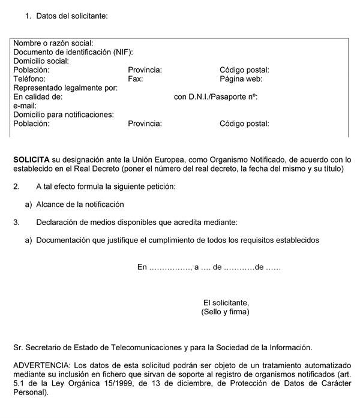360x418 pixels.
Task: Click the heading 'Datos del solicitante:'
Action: [72, 16]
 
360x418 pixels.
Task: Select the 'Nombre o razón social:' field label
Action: [53, 43]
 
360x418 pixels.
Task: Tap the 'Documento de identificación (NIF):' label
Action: [73, 52]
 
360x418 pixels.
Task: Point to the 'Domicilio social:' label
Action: [41, 61]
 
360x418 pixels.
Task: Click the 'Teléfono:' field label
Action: [29, 79]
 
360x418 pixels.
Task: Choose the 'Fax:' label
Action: [136, 79]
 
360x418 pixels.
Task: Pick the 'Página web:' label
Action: [241, 79]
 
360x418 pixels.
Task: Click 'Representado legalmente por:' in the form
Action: [65, 88]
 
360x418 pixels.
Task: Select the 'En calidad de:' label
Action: [38, 97]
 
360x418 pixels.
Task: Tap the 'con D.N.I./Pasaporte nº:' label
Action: [215, 97]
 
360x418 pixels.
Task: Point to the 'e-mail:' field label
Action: [25, 106]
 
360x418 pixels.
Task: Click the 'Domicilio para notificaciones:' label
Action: [64, 115]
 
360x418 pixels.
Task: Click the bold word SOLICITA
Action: [31, 160]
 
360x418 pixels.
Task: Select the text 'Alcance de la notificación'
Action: [80, 205]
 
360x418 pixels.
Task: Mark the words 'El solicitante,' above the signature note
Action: [226, 303]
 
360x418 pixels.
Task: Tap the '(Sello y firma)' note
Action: [226, 312]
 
